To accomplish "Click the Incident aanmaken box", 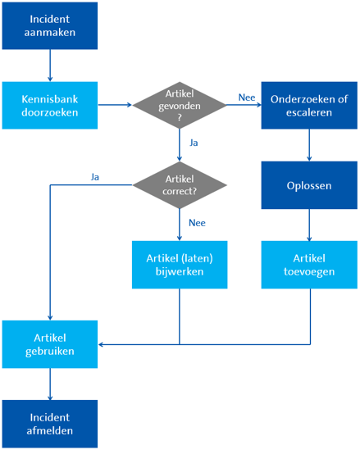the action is [50, 25].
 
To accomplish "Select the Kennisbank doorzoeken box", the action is [50, 105].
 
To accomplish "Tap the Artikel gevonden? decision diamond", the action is [180, 105].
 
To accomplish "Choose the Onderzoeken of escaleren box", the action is [309, 105].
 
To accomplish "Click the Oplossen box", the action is [309, 185].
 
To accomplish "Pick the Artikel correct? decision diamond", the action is [180, 184].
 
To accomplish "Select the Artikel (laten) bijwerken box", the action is [180, 265].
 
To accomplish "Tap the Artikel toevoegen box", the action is [309, 265].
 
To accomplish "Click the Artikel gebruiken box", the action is [50, 344].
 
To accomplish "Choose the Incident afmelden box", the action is [50, 424].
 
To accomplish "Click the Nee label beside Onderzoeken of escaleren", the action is [247, 98].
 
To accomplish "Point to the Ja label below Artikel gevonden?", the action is [194, 143].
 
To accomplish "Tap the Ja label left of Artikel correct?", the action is [95, 177].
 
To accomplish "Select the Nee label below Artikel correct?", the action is [197, 223].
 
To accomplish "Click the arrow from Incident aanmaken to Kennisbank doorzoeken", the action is [50, 66].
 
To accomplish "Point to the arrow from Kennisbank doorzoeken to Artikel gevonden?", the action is [115, 105].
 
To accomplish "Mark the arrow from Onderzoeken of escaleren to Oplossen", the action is [309, 145].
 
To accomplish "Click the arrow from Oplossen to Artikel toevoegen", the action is [309, 225].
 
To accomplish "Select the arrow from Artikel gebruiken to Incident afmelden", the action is [50, 384].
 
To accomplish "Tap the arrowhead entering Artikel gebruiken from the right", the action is [101, 344].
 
